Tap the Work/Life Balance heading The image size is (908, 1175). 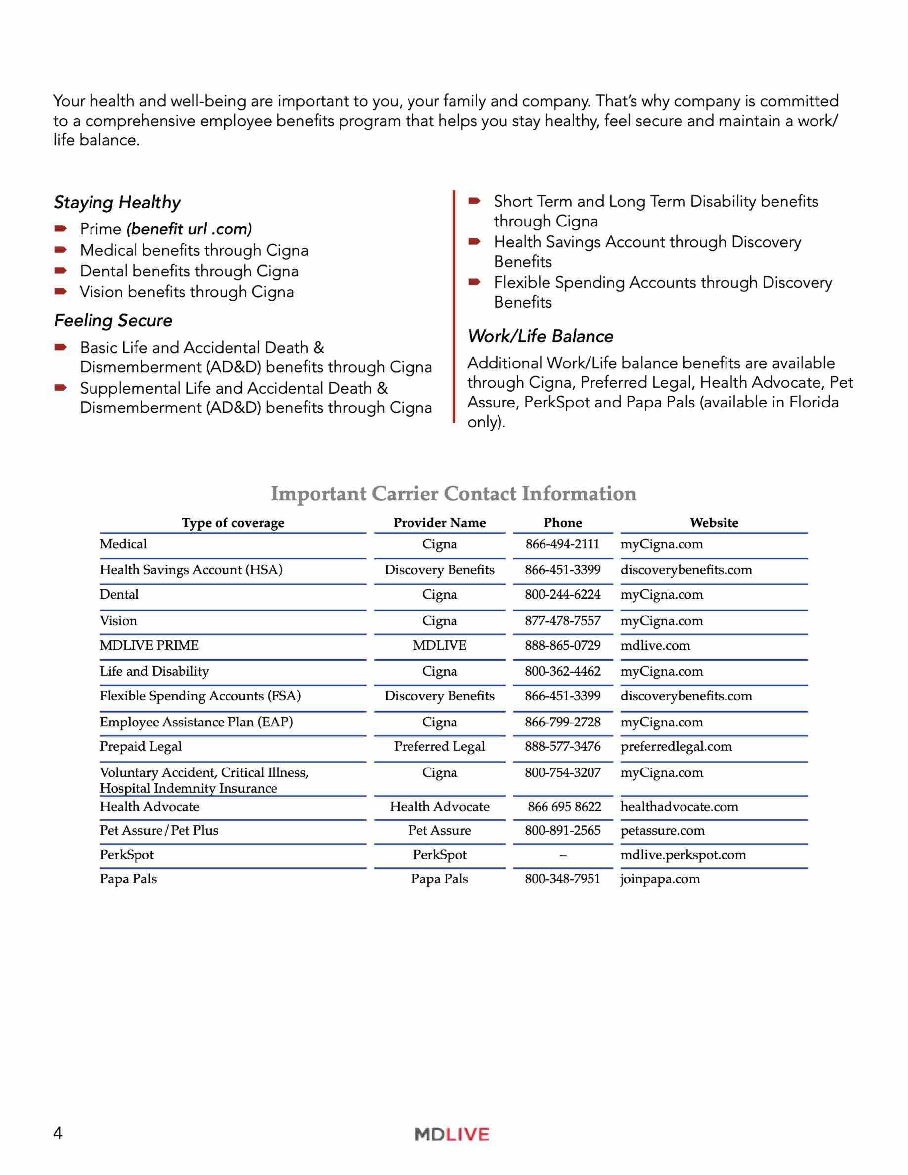tap(540, 336)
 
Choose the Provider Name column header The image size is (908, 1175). tap(439, 522)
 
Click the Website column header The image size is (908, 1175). tap(714, 522)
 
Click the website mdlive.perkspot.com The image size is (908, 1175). tap(683, 854)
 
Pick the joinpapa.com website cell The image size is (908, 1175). tap(660, 879)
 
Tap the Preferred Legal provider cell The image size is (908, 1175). tap(439, 746)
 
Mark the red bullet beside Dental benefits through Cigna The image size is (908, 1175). tap(61, 271)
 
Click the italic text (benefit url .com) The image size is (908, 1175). tap(189, 229)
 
